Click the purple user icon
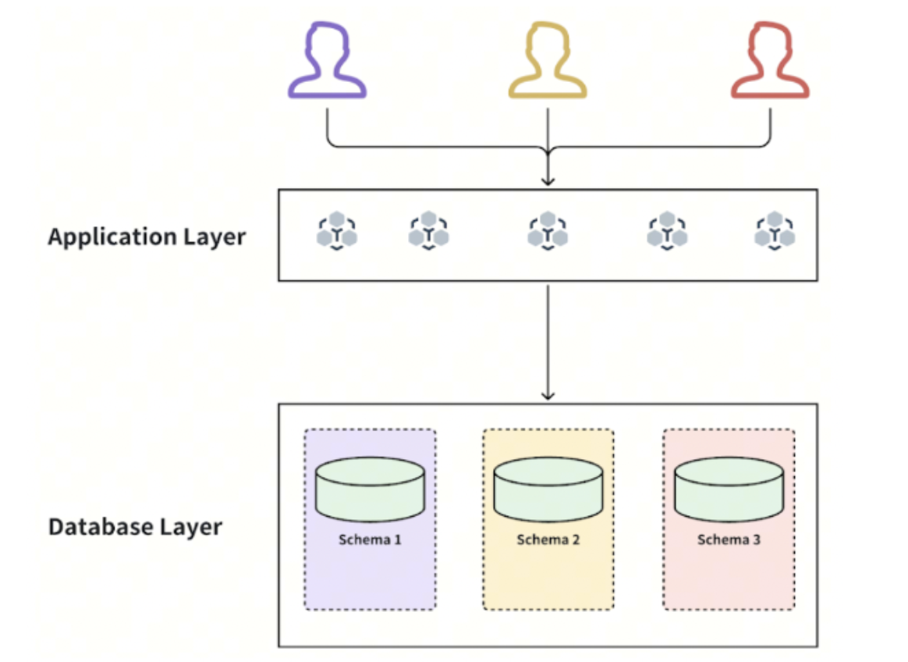(x=327, y=62)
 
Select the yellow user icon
(x=548, y=62)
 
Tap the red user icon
(x=770, y=62)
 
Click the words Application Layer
(x=147, y=237)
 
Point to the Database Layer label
(x=135, y=527)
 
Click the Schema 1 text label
(x=370, y=539)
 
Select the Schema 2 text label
(x=548, y=539)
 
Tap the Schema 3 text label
(x=729, y=539)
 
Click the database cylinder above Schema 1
(x=370, y=490)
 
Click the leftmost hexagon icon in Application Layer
(x=337, y=231)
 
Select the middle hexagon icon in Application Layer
(x=548, y=231)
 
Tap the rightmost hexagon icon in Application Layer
(x=775, y=231)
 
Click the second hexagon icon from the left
(x=428, y=231)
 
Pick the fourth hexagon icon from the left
(x=667, y=231)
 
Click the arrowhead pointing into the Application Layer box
(x=548, y=182)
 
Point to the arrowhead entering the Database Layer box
(x=548, y=396)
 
